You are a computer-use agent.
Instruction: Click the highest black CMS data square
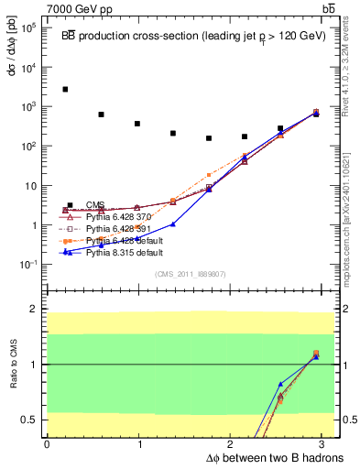[65, 90]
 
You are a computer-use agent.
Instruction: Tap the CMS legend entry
[94, 204]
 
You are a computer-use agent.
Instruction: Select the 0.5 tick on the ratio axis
[27, 420]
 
